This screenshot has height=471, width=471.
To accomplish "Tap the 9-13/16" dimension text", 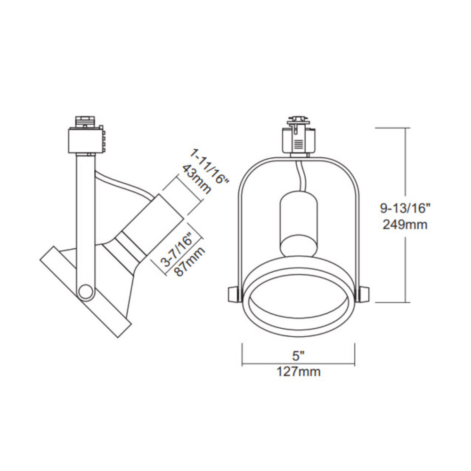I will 405,207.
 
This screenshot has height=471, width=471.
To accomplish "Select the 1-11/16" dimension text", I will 210,167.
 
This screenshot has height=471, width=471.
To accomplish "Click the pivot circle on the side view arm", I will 86,292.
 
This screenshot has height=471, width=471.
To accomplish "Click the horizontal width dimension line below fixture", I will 298,364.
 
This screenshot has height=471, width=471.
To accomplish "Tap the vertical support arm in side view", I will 83,217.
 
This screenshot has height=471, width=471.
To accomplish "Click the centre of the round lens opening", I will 298,304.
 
